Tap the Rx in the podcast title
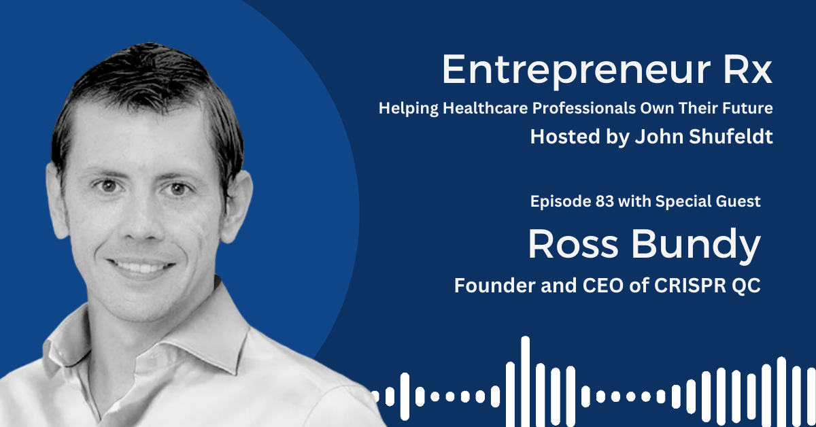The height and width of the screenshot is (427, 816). point(748,69)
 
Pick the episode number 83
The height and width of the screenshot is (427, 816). point(605,201)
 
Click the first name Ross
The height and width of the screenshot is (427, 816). point(573,244)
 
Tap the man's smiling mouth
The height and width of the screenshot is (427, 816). point(141,268)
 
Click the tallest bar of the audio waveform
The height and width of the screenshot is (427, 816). point(525,381)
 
